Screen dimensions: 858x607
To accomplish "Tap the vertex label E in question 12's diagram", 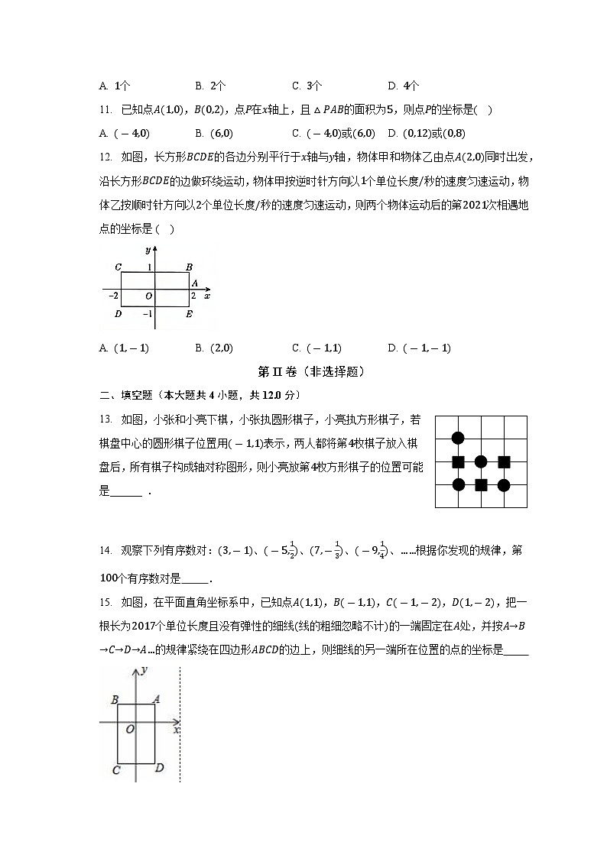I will [190, 314].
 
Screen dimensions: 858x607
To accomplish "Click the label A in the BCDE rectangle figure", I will [194, 283].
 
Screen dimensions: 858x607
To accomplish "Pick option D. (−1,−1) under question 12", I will [420, 348].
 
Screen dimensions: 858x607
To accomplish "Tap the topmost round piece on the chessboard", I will [458, 438].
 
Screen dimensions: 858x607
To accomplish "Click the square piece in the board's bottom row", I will [481, 484].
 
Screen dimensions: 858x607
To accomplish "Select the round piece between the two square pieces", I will [481, 461].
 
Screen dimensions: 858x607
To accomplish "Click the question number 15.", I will [105, 605].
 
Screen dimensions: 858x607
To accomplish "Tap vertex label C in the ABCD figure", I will [115, 769].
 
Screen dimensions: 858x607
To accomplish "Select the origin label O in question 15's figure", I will [130, 730].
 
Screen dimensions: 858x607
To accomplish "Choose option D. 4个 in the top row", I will [404, 86].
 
